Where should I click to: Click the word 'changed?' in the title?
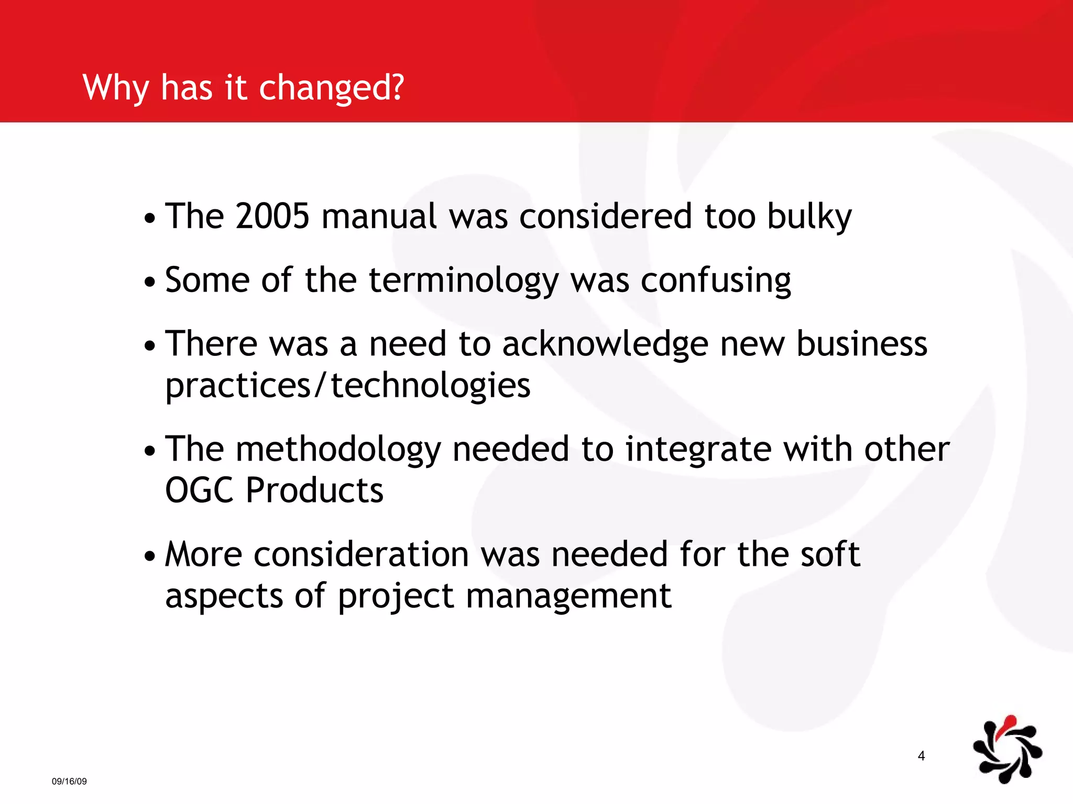point(331,87)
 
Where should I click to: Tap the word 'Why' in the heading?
point(116,87)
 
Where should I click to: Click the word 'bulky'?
point(809,217)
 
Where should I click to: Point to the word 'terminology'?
point(464,281)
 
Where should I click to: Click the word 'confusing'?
point(716,281)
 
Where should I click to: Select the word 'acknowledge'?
point(605,344)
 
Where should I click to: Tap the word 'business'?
point(861,344)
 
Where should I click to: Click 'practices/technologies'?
point(348,386)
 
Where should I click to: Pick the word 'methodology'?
point(338,450)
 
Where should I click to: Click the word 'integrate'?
point(698,450)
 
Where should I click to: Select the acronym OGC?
point(199,490)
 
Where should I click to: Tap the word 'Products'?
point(314,490)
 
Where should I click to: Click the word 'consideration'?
point(361,554)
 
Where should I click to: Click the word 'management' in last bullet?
point(568,596)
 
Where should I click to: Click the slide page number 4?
point(921,755)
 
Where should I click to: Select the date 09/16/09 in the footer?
point(69,781)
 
